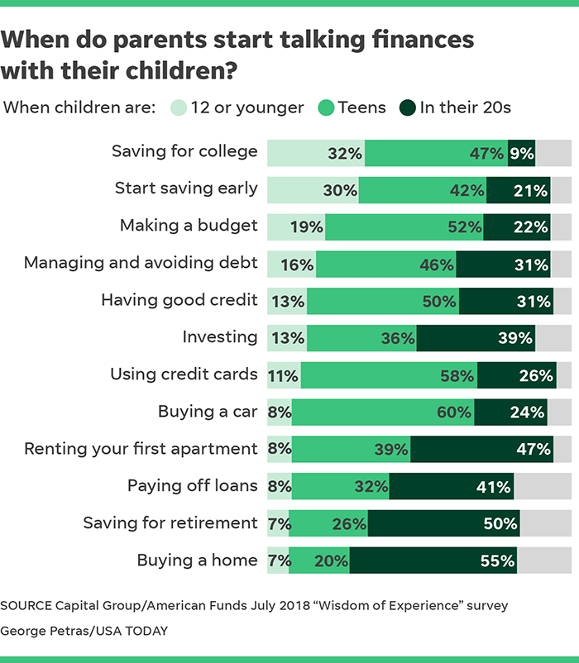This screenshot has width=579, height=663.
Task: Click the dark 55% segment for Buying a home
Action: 433,560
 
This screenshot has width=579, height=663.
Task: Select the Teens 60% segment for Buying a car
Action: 382,412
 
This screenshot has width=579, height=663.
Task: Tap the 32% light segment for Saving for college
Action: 315,152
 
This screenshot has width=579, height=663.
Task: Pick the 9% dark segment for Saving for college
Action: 521,152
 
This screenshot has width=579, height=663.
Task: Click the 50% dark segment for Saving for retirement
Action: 443,523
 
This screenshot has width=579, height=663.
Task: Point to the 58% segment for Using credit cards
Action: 389,374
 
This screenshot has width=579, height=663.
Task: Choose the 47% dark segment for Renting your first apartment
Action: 481,449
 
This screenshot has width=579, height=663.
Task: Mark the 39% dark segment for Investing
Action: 476,337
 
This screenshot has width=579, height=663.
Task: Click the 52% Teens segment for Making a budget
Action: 404,226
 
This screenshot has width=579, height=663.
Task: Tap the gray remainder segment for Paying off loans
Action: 543,486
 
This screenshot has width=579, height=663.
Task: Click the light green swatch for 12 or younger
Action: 179,107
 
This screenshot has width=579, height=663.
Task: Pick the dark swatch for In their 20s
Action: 407,107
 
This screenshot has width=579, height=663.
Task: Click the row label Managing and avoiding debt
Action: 141,263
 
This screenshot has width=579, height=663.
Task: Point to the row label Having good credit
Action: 179,300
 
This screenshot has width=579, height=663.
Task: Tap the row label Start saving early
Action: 186,188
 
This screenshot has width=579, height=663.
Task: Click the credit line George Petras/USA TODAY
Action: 84,631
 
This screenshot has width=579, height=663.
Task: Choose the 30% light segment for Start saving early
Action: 312,189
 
